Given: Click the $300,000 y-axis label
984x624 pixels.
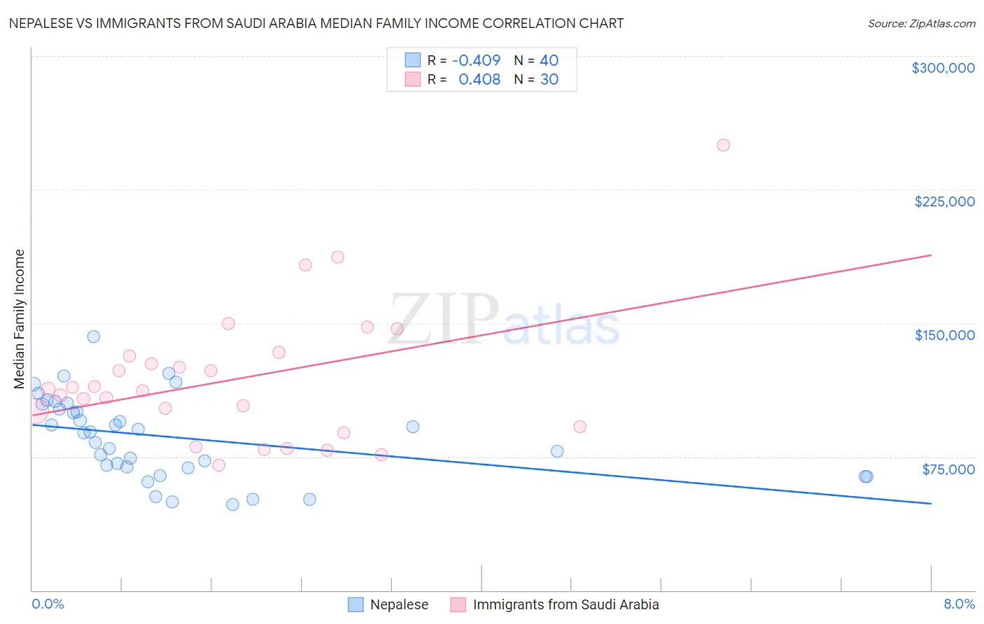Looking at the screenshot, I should coord(943,68).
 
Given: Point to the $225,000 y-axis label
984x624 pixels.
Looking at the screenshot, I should coord(944,201).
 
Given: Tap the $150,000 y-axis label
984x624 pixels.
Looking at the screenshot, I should coord(944,335).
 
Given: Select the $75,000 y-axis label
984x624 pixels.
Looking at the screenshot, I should coord(948,469).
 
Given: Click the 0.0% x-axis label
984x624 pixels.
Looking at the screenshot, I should coord(48,604).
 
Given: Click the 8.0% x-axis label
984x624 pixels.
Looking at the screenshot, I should coord(959,604).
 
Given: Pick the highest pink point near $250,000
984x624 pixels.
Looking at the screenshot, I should coord(724,146).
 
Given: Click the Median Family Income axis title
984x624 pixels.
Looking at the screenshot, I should coord(20,319).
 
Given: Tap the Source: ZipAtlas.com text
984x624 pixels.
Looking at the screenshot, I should coord(921,24).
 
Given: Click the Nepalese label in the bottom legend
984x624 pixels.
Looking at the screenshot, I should coord(399,604).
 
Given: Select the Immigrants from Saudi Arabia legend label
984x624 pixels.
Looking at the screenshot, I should coord(565,604).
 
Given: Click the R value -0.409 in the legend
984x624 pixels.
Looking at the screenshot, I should coord(476,61).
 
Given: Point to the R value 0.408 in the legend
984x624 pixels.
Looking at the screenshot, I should coord(479,80).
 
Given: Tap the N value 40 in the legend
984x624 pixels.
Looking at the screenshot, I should coord(549,61).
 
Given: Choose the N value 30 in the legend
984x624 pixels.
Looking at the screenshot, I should coord(549,80).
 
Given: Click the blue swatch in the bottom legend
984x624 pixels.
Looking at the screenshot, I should coord(356,604).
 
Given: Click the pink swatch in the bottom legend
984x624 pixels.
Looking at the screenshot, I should coord(458,604).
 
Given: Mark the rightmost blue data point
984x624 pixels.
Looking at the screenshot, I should coord(866,476).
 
